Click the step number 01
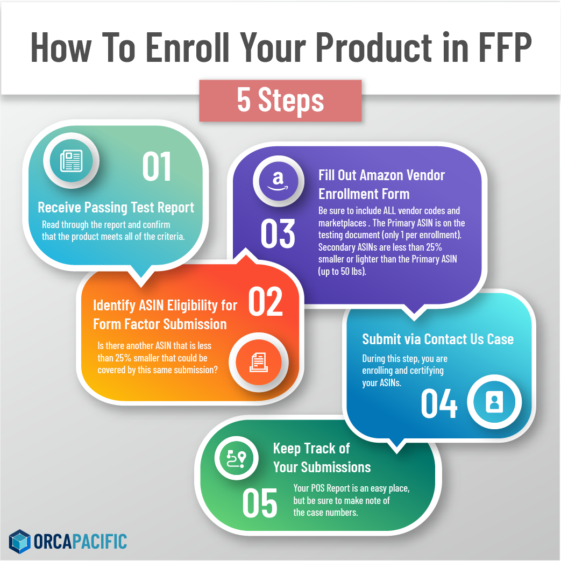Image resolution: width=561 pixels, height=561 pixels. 157,166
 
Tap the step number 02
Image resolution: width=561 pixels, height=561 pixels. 266,301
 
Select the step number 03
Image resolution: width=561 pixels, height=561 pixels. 278,233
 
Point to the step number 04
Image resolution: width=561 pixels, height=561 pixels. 439,403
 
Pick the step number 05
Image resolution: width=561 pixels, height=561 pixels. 260,503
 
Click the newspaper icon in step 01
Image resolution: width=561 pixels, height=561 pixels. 71,161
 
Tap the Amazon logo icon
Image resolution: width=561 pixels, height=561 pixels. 279,181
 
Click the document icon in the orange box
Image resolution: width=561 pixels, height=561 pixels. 259,362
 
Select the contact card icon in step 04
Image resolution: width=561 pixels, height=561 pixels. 494,402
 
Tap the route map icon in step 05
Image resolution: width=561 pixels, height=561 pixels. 237,458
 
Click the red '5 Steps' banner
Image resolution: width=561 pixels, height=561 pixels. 281,101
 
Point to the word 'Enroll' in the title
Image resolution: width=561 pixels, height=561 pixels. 187,47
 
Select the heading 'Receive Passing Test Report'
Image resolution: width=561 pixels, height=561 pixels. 116,208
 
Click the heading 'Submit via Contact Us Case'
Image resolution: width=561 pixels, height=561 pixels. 438,339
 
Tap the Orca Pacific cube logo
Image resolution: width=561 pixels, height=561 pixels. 20,541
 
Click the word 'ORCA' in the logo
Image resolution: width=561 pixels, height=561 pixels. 53,541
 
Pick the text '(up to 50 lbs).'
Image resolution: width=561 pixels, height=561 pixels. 342,271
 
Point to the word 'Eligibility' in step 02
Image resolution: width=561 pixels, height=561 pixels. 192,306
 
